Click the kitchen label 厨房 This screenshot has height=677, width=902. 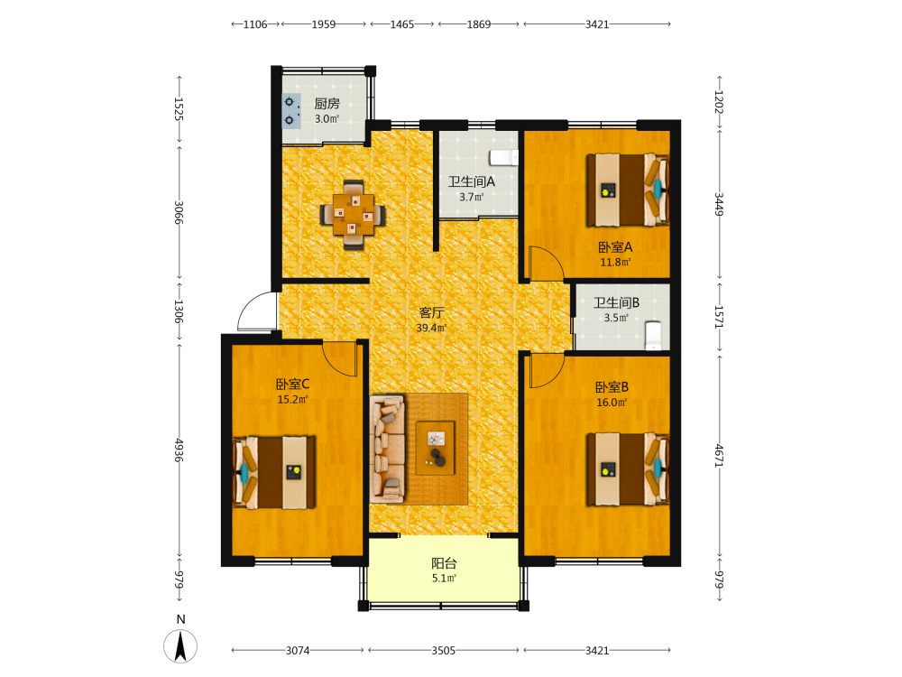(327, 104)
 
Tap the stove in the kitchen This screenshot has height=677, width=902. (291, 110)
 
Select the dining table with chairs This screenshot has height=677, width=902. (353, 215)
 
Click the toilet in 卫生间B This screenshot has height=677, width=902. (653, 335)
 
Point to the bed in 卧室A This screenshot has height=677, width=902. (628, 190)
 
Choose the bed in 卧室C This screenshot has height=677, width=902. (274, 473)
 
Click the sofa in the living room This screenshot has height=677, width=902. (388, 448)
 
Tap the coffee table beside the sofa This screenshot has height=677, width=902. (436, 448)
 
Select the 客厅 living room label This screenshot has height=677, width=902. (431, 312)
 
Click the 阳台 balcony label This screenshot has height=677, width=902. (444, 563)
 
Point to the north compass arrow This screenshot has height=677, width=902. (180, 646)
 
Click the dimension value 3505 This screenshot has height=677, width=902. (444, 651)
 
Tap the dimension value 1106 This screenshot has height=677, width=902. (255, 24)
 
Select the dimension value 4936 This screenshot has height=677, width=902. (179, 450)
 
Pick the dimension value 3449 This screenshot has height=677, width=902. (719, 204)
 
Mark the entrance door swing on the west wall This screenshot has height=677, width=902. (257, 311)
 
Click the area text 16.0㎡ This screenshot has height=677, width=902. (612, 403)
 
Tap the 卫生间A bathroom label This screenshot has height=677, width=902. (472, 182)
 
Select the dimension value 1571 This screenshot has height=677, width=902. (719, 317)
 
